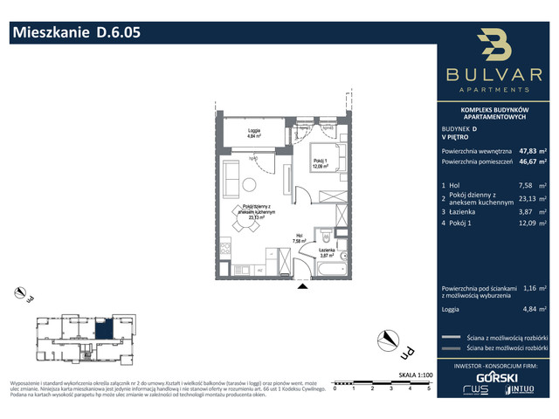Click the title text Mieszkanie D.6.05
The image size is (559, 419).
[x=74, y=33]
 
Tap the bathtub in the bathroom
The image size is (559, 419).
[x=333, y=271]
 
